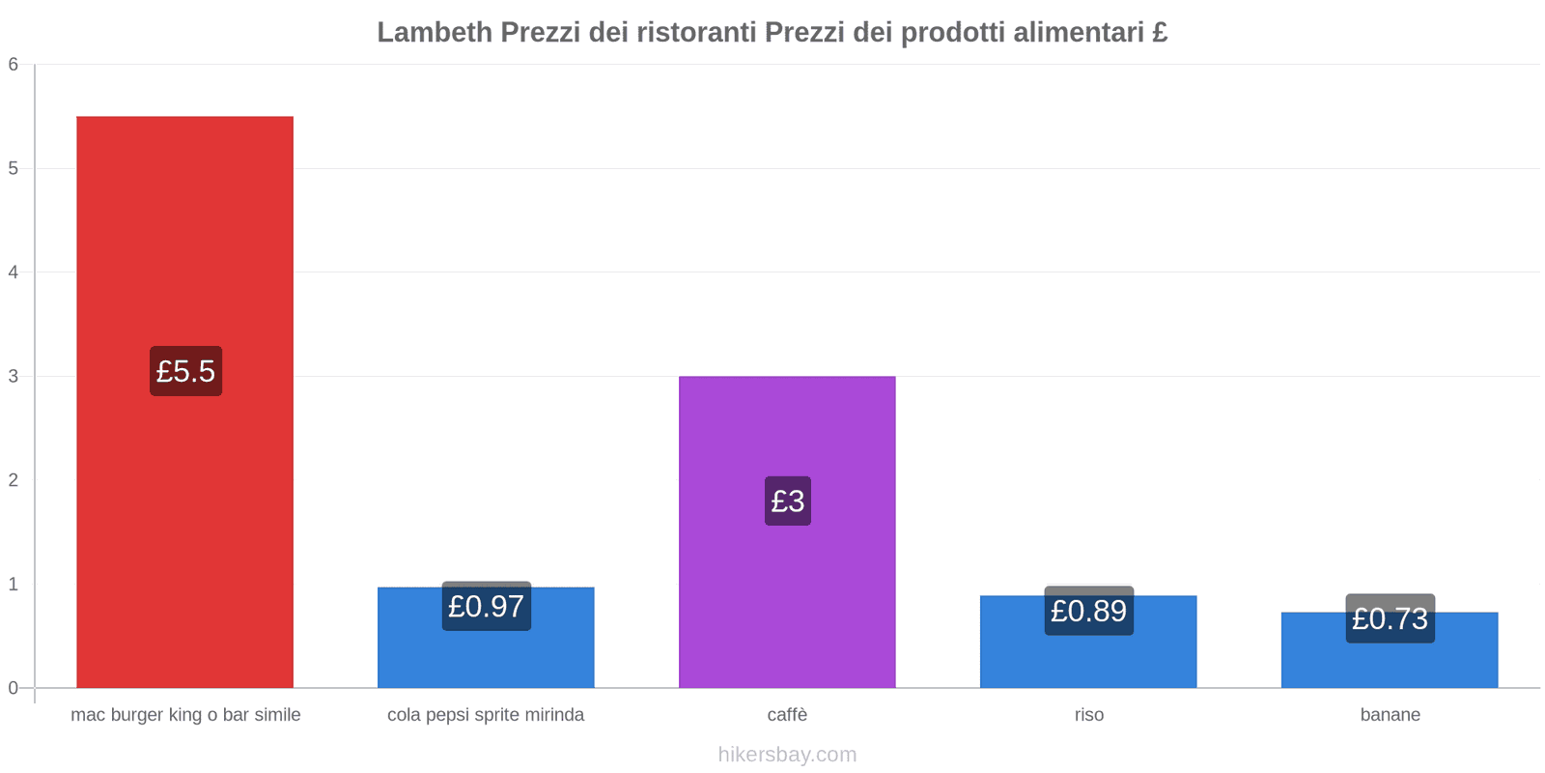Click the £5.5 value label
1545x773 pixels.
[x=185, y=371]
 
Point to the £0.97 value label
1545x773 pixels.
[x=486, y=606]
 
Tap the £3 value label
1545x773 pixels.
[x=787, y=501]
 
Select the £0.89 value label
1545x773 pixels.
[x=1088, y=611]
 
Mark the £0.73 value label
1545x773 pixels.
[x=1390, y=618]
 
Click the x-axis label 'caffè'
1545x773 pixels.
[x=787, y=715]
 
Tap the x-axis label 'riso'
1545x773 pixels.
[x=1088, y=715]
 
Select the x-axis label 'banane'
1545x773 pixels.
[x=1390, y=715]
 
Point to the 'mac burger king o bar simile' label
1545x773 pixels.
[x=185, y=715]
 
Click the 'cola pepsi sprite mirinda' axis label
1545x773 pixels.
[x=486, y=715]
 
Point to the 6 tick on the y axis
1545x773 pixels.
[x=14, y=65]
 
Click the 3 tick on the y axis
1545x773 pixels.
[x=14, y=376]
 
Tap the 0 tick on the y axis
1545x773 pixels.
[x=14, y=688]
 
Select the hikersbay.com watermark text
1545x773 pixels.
[x=787, y=755]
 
